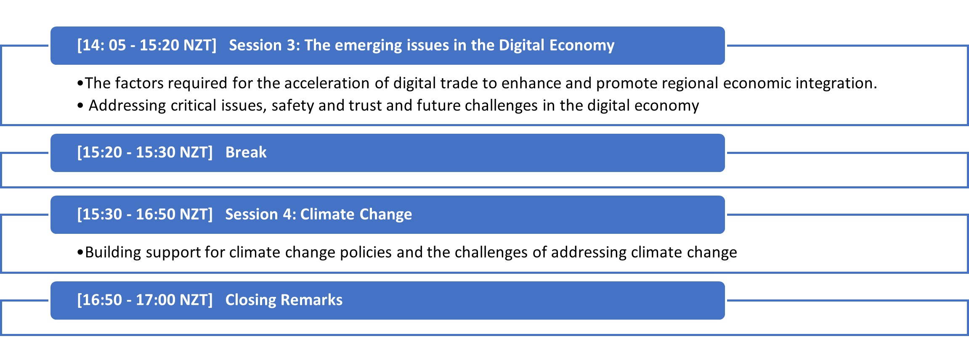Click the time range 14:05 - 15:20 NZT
tap(147, 45)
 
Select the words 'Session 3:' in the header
tap(264, 45)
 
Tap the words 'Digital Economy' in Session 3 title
tap(557, 45)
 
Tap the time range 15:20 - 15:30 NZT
tap(145, 152)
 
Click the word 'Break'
tap(246, 152)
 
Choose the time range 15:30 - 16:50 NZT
tap(145, 214)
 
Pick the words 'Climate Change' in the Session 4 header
tap(356, 214)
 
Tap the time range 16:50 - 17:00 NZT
tap(145, 300)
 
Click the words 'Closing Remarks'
tap(284, 300)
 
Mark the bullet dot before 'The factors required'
tap(80, 84)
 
